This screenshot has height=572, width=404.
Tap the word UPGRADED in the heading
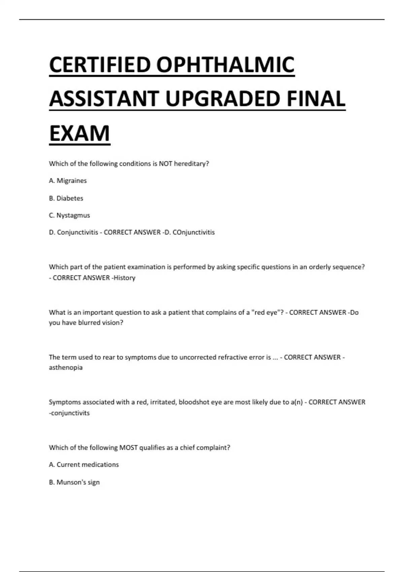222,99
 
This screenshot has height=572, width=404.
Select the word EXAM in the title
79,134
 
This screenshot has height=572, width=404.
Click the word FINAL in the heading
316,99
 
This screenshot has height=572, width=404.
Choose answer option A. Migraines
68,181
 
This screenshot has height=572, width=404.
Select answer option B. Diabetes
66,198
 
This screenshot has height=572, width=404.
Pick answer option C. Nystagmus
69,215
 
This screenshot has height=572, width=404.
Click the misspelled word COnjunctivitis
194,233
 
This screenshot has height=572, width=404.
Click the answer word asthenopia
66,367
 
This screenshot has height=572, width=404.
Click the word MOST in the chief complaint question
128,448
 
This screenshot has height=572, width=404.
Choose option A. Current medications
84,465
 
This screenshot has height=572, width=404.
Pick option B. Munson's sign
74,482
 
